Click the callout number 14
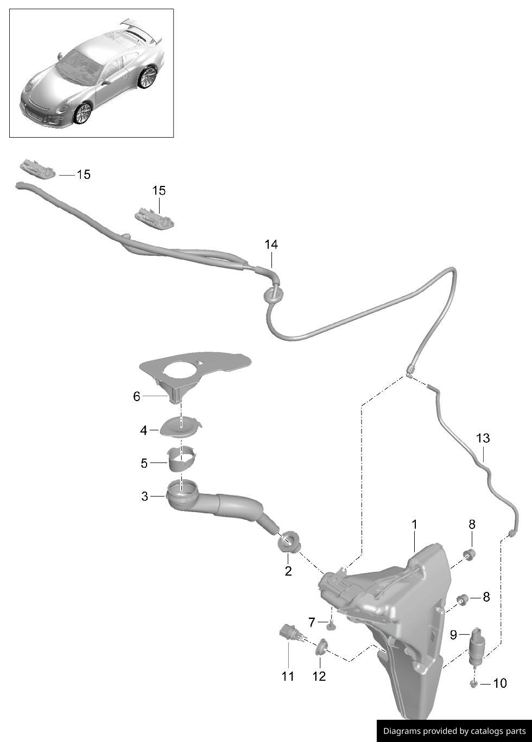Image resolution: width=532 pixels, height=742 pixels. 271,245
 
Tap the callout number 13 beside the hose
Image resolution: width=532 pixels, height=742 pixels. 483,438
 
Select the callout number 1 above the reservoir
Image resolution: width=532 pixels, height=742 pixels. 414,524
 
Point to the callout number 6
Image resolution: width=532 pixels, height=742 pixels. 137,397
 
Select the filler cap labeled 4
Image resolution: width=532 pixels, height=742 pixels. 181,427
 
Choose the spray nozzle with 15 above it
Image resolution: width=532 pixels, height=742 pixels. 155,218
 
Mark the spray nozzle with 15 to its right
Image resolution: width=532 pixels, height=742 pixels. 37,169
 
